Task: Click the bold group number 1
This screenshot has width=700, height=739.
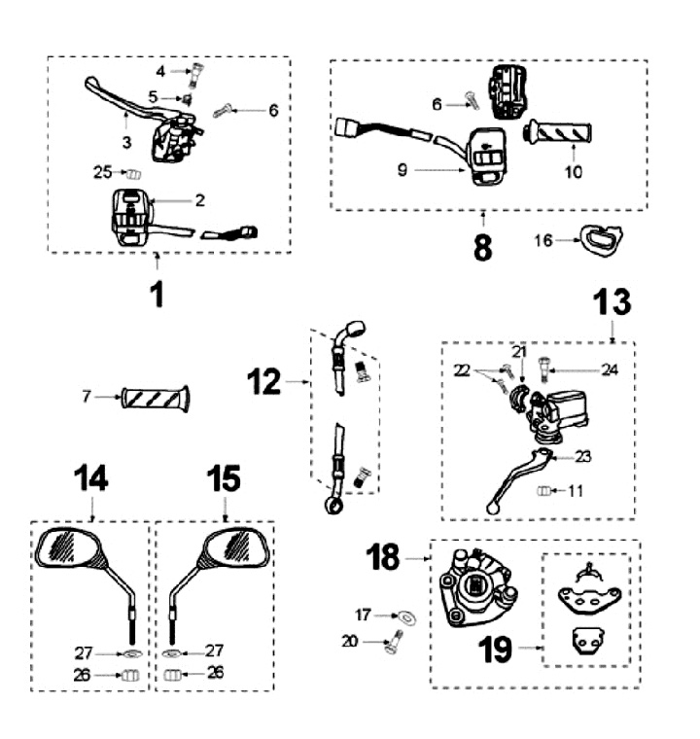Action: (x=157, y=293)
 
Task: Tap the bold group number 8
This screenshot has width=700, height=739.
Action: (x=483, y=247)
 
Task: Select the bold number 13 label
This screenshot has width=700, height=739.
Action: (x=612, y=302)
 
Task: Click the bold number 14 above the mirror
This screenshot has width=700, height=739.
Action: (x=91, y=478)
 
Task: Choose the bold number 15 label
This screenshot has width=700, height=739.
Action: (x=225, y=478)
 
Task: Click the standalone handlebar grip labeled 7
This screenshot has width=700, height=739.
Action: (x=156, y=398)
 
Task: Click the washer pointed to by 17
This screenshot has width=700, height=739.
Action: (x=403, y=616)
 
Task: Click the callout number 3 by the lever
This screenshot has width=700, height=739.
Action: (x=127, y=142)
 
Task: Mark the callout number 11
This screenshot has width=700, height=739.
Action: (x=576, y=491)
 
